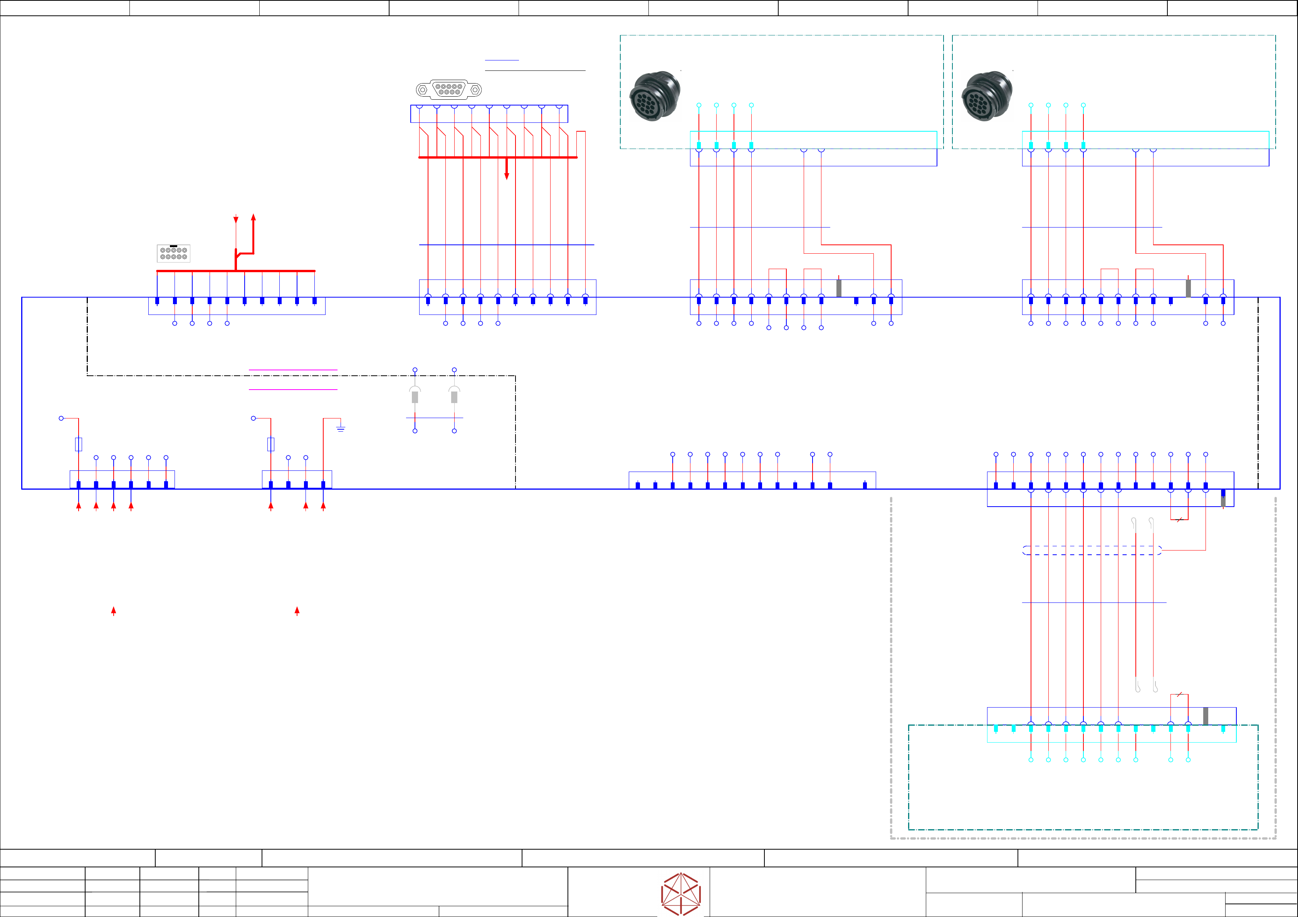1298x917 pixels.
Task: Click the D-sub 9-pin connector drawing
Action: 449,89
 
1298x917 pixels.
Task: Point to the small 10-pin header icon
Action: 173,253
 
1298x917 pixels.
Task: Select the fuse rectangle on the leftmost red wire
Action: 79,444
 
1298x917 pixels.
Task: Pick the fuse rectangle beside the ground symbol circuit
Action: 271,444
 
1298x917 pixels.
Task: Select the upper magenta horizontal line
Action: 293,370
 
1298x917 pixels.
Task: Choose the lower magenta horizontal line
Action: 293,389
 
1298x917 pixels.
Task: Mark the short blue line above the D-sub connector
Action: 502,60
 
